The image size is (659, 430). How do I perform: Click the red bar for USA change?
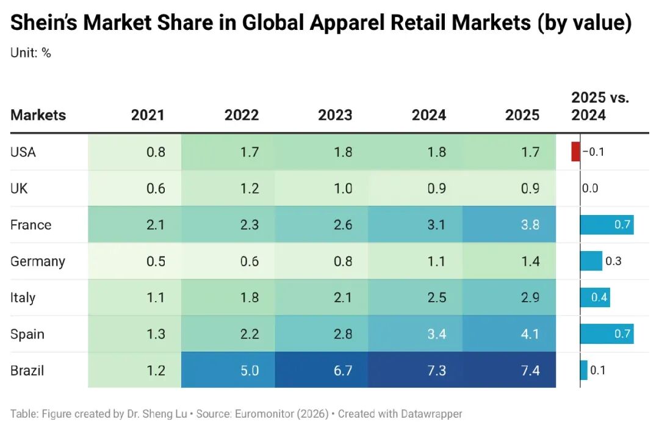pos(575,151)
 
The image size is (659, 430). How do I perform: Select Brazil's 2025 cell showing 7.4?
pos(510,370)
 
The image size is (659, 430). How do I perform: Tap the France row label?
pos(31,225)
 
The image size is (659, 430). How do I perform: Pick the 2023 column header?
pos(335,115)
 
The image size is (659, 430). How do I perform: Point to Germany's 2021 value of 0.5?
pos(156,261)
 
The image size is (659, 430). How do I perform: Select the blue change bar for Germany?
pos(591,261)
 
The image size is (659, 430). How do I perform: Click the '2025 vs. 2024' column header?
pos(600,106)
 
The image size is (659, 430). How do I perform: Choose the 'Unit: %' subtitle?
pos(31,53)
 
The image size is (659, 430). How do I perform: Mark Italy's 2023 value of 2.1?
pos(344,297)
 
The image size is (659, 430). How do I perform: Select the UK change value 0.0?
pos(590,188)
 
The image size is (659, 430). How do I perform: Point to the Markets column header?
pos(38,115)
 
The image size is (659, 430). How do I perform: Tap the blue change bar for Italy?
pos(595,297)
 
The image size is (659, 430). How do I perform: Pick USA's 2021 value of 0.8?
pos(156,151)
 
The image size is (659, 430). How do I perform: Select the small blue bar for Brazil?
pos(584,370)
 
